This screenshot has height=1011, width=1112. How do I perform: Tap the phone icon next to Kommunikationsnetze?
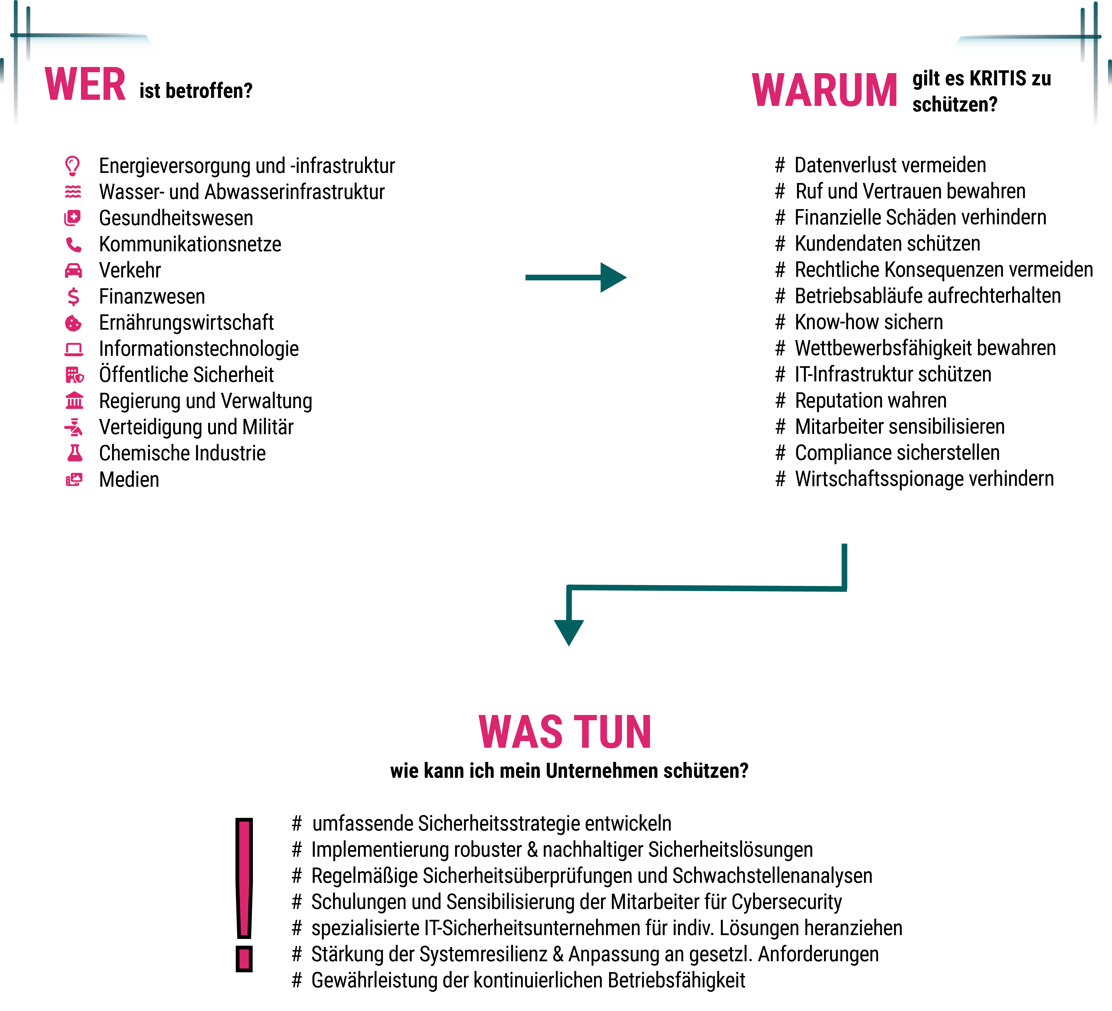pos(73,244)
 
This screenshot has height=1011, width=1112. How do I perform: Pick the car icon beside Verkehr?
pos(73,270)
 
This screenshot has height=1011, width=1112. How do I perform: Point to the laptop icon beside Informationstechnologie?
pos(73,349)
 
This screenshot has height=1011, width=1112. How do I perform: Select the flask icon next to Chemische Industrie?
pos(75,453)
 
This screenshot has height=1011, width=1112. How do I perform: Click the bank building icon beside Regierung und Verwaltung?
pos(75,401)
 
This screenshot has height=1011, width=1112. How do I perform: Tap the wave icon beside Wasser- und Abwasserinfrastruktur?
pos(73,192)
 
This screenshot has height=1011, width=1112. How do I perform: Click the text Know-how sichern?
pos(869,322)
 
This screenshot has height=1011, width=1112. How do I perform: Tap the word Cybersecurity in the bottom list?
pos(786,902)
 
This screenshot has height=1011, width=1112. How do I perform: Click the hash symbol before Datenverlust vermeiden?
pos(780,165)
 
